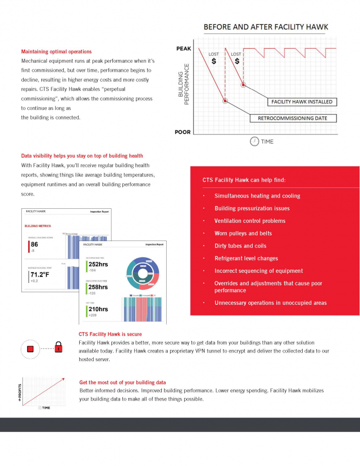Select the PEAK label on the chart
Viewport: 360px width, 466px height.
(x=183, y=49)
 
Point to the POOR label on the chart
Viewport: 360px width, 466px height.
(x=183, y=132)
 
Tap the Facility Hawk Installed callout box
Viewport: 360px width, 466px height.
(x=302, y=102)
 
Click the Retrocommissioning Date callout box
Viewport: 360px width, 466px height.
(x=293, y=118)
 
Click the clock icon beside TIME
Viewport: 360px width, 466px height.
(x=254, y=141)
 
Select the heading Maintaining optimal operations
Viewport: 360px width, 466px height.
(x=56, y=51)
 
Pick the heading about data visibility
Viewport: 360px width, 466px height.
(x=82, y=156)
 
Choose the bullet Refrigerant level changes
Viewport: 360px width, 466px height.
(x=246, y=258)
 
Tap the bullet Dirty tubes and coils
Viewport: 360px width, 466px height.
(x=240, y=246)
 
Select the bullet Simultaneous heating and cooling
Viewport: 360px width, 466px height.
(x=257, y=196)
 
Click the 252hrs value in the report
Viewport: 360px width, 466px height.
(x=98, y=265)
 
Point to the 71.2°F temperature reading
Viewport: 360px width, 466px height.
(x=40, y=274)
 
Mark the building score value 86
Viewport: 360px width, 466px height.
(x=34, y=245)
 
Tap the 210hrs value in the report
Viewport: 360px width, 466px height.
(x=98, y=309)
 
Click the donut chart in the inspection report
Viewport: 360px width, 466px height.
(x=143, y=274)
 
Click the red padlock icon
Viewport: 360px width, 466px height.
(x=59, y=348)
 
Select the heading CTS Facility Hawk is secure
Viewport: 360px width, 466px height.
(x=110, y=334)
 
